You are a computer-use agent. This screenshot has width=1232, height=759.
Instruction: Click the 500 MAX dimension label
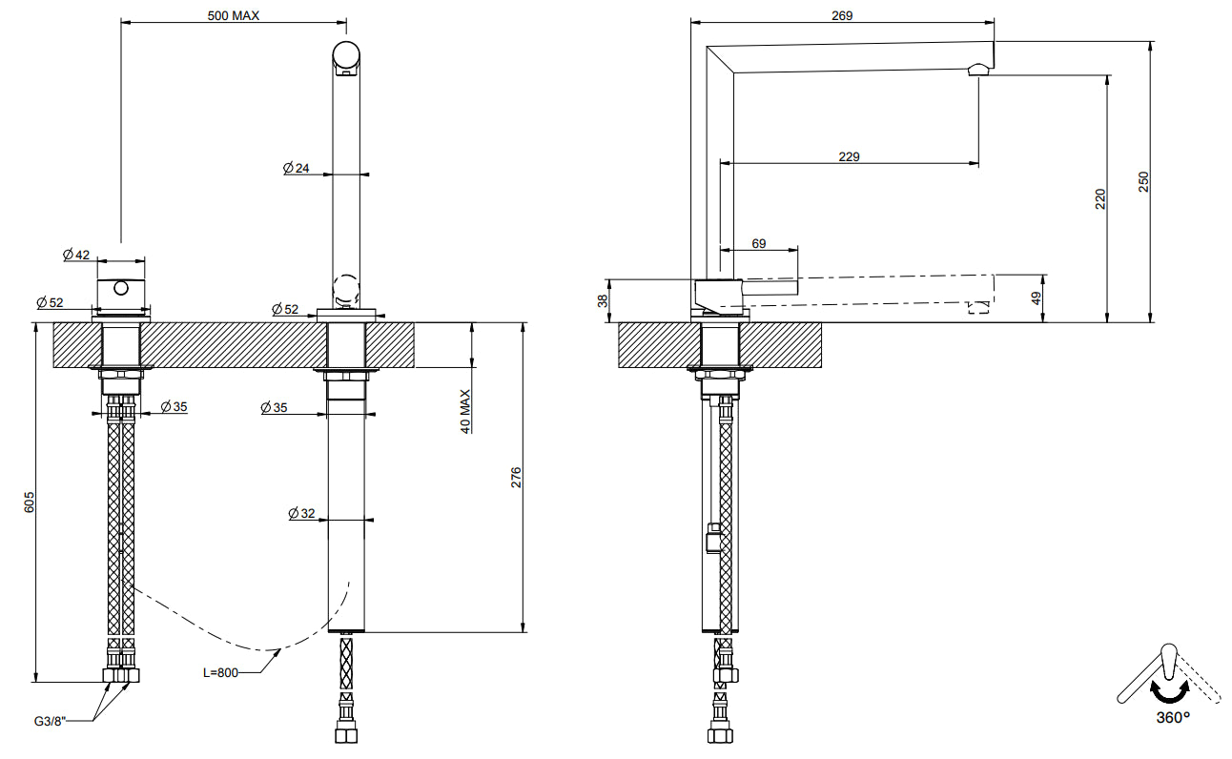(x=234, y=15)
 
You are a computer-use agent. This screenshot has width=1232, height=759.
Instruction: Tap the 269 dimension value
(x=842, y=15)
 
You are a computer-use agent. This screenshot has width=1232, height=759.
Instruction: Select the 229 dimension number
(x=850, y=156)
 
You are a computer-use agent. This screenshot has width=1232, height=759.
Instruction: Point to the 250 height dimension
(x=1143, y=182)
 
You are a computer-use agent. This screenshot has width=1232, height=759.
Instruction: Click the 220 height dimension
(x=1100, y=199)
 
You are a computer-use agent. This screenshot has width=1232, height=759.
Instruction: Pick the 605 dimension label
(x=30, y=503)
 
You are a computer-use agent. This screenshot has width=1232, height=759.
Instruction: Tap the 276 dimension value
(x=516, y=478)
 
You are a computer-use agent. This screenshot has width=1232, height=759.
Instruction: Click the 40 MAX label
(x=465, y=411)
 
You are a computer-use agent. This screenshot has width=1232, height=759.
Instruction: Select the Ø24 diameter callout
(x=297, y=168)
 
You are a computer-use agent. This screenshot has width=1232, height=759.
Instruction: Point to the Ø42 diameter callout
(x=76, y=255)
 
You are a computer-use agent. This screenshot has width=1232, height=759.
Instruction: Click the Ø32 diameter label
(x=302, y=513)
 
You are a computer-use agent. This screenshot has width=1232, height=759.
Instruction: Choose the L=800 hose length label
(x=220, y=672)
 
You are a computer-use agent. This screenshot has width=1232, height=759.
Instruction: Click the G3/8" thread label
(x=50, y=721)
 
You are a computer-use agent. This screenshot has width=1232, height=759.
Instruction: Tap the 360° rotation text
(x=1173, y=718)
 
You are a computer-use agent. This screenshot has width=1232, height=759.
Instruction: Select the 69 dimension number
(x=759, y=244)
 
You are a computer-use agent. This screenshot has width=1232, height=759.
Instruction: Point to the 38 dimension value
(x=603, y=301)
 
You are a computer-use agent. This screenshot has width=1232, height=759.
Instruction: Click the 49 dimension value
(x=1037, y=298)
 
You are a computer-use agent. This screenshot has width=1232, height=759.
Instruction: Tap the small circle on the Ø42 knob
(x=121, y=288)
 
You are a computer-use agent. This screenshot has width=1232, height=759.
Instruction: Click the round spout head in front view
(x=346, y=55)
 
